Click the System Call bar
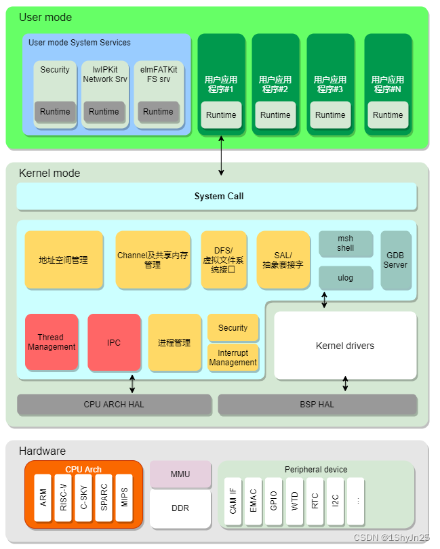tap(217, 197)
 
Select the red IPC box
tap(114, 342)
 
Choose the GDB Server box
tap(395, 260)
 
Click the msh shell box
tap(346, 243)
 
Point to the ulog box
tap(346, 278)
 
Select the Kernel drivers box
tap(345, 346)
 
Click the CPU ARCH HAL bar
tap(114, 405)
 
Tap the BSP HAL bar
tap(317, 405)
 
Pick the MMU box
tap(180, 474)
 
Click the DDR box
tap(180, 508)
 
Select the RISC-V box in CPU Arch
tap(63, 499)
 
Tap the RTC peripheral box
tap(315, 502)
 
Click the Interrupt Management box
tap(233, 357)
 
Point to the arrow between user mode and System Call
tap(221, 156)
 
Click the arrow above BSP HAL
tap(346, 384)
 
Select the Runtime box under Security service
tap(55, 112)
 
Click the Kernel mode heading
tap(49, 174)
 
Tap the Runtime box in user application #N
tap(388, 115)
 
